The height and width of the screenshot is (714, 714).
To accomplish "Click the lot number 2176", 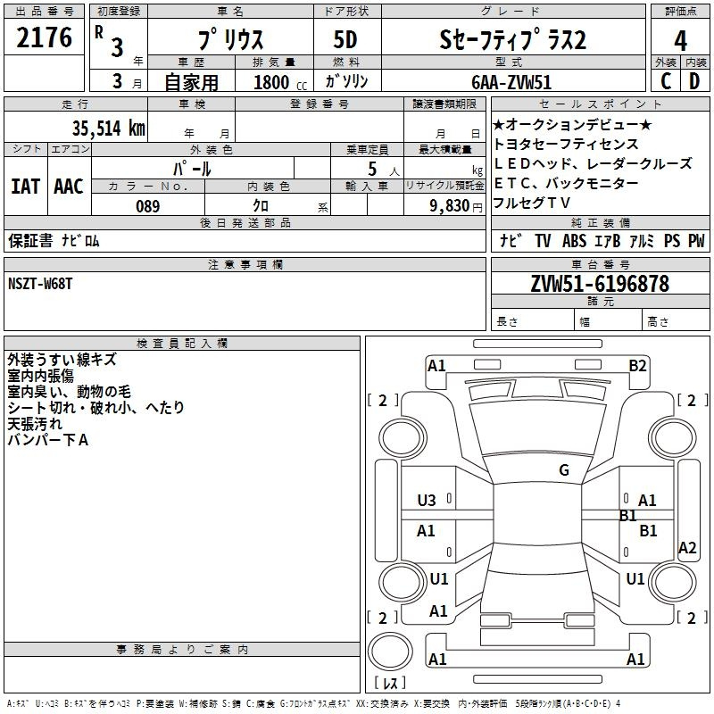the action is [x=44, y=37].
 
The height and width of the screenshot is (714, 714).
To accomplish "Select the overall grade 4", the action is [x=680, y=40].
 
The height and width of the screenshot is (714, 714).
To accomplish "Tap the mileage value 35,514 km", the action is [x=108, y=129].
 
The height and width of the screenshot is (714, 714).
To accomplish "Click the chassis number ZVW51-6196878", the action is [x=600, y=284].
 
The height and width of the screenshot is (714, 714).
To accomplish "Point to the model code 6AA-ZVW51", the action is [x=511, y=82].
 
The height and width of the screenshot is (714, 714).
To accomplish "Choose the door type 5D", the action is [x=345, y=40].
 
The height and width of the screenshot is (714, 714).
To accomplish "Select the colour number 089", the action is [x=148, y=206].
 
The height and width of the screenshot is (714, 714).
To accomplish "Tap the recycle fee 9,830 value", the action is [x=450, y=206].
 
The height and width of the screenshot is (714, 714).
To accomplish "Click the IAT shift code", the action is [x=26, y=187].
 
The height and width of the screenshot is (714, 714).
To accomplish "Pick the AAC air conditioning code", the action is [x=69, y=187].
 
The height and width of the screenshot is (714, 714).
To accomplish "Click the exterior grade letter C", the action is [x=666, y=81].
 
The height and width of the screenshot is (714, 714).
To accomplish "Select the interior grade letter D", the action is [x=694, y=81].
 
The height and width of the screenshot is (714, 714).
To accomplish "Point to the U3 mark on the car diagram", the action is [x=427, y=501].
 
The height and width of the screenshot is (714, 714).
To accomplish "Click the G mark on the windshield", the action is [x=564, y=470].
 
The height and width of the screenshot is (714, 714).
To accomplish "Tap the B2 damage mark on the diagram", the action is [x=637, y=366].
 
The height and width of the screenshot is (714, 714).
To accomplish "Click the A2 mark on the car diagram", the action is [x=687, y=547].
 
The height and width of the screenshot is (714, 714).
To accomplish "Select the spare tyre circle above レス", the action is [x=390, y=652].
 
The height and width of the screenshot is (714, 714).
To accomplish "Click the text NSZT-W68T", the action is [x=40, y=284].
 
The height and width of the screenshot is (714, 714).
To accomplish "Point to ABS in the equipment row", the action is [x=574, y=241].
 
